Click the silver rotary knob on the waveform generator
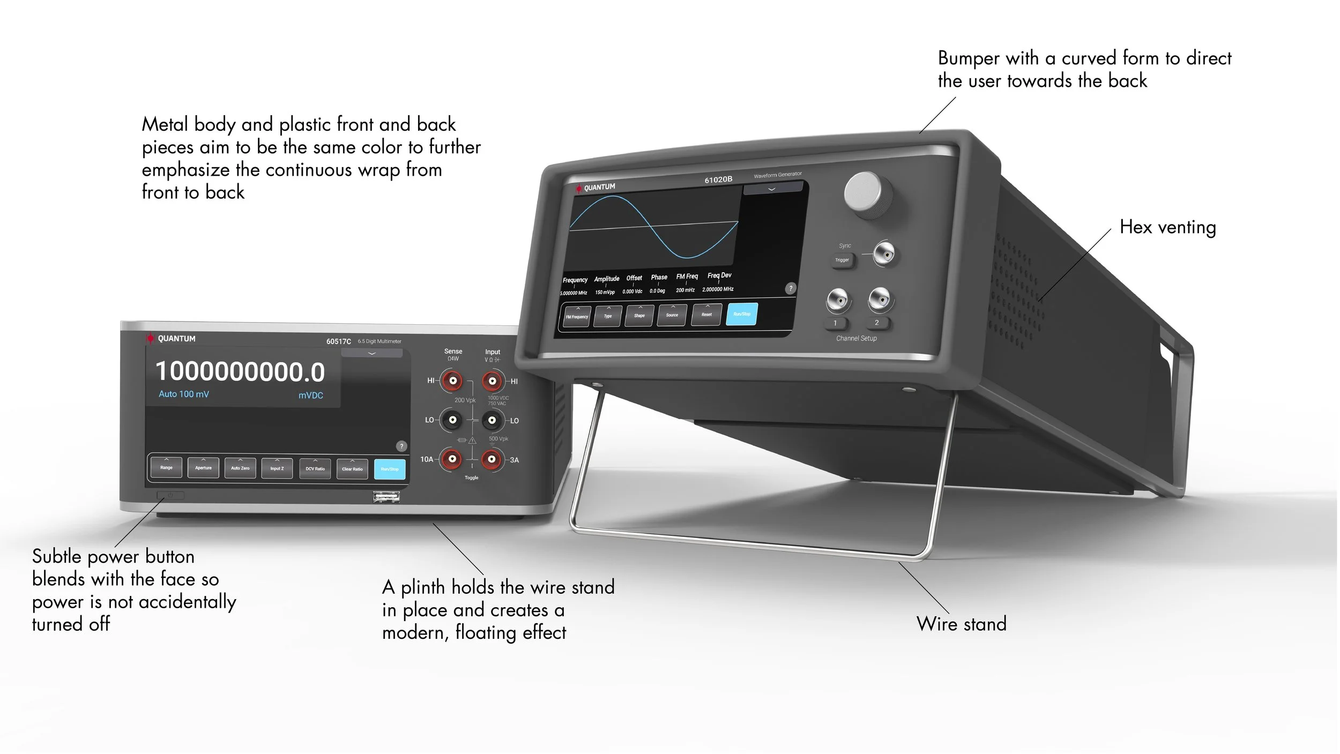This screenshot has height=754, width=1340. click(x=867, y=194)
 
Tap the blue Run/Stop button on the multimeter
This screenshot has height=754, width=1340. click(x=390, y=469)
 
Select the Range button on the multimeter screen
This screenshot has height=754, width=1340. click(x=166, y=467)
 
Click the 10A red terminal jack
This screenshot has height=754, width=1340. click(x=452, y=459)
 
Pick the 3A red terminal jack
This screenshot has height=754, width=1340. click(x=492, y=459)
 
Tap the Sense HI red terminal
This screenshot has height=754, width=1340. click(x=452, y=381)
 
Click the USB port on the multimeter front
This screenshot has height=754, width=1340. click(x=386, y=497)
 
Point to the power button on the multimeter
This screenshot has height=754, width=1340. click(x=170, y=495)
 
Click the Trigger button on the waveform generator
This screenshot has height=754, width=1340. click(x=842, y=260)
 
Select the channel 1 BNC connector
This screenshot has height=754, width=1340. click(x=838, y=300)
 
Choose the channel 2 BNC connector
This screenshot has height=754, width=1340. click(x=880, y=298)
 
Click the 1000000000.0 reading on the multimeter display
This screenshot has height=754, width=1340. click(x=240, y=372)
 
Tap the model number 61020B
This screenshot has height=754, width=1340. click(x=718, y=180)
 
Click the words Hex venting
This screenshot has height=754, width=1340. click(x=1167, y=227)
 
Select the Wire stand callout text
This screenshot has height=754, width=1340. click(x=961, y=624)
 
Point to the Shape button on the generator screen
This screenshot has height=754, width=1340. click(x=639, y=316)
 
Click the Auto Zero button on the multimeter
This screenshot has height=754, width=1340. click(x=240, y=468)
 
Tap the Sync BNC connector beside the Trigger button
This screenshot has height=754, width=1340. click(x=883, y=253)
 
